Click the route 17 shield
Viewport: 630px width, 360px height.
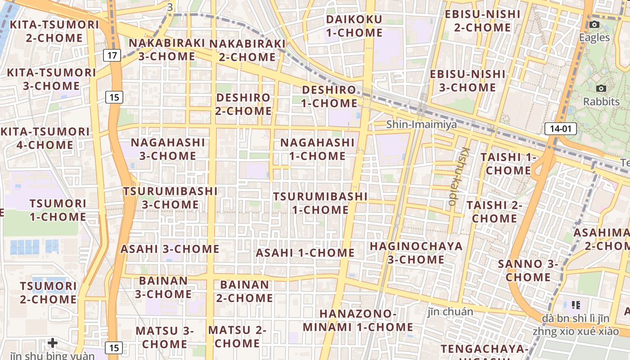112,56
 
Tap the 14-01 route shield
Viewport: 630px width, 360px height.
560,129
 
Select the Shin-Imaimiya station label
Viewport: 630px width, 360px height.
421,124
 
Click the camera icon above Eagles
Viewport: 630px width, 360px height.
594,25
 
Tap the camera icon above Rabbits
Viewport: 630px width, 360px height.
601,89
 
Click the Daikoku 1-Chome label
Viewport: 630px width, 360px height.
354,26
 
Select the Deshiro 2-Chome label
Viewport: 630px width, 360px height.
243,104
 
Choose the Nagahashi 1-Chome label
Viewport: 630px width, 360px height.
317,149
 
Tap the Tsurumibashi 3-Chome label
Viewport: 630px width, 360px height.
171,198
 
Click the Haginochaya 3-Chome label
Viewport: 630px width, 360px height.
416,253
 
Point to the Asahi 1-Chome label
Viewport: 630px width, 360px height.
305,253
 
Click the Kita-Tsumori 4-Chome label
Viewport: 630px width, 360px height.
45,138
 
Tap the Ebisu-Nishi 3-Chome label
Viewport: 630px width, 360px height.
468,81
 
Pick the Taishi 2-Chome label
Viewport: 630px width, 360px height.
494,212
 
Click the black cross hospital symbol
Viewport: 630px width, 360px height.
53,343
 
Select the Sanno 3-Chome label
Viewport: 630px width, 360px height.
528,270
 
